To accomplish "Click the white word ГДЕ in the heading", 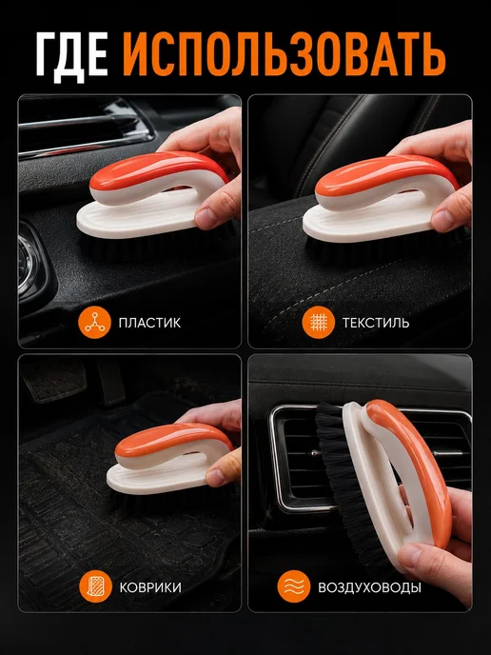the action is [x=72, y=56].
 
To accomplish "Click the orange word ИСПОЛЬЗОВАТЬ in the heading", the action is [x=284, y=54].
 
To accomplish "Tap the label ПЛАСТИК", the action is [x=149, y=323].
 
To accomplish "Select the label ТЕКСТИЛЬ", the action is [x=376, y=323].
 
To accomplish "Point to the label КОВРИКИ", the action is [x=150, y=587].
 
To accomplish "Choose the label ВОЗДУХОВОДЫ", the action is [x=369, y=587].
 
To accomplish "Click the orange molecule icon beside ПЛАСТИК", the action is [x=95, y=323].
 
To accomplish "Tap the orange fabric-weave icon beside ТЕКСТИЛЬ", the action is [x=319, y=323].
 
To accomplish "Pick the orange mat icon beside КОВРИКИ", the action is [x=95, y=586].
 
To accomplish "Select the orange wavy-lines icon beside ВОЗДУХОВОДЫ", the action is [x=294, y=586].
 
